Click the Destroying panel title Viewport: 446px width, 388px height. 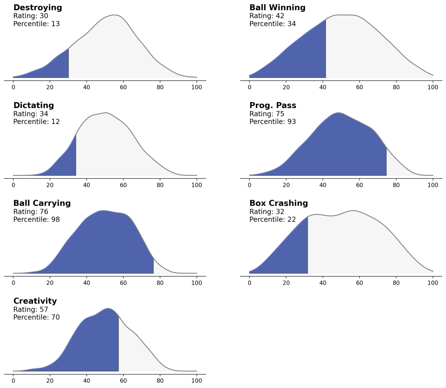pos(38,8)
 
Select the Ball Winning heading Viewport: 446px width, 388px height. pos(277,8)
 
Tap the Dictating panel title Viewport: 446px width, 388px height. pos(34,106)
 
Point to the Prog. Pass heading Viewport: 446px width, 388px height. pos(273,106)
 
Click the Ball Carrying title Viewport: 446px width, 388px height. pos(42,203)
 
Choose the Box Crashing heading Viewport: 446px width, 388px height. pos(279,203)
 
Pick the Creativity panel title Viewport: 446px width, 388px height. pos(35,301)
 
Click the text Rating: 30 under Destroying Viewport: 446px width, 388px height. pos(31,16)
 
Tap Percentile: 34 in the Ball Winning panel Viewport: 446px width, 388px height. pos(273,24)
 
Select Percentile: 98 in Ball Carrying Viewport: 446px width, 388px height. pos(37,219)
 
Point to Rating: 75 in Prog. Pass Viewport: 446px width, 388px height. pos(267,114)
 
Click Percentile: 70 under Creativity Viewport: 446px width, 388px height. pos(37,317)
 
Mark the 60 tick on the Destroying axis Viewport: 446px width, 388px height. pos(123,87)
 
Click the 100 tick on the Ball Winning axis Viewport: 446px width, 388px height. pos(433,87)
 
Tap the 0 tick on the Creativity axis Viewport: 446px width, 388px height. pos(13,381)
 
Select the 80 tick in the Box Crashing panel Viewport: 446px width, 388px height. pos(396,283)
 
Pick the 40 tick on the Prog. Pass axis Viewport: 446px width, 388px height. pos(323,185)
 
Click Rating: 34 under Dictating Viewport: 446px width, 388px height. pos(31,114)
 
